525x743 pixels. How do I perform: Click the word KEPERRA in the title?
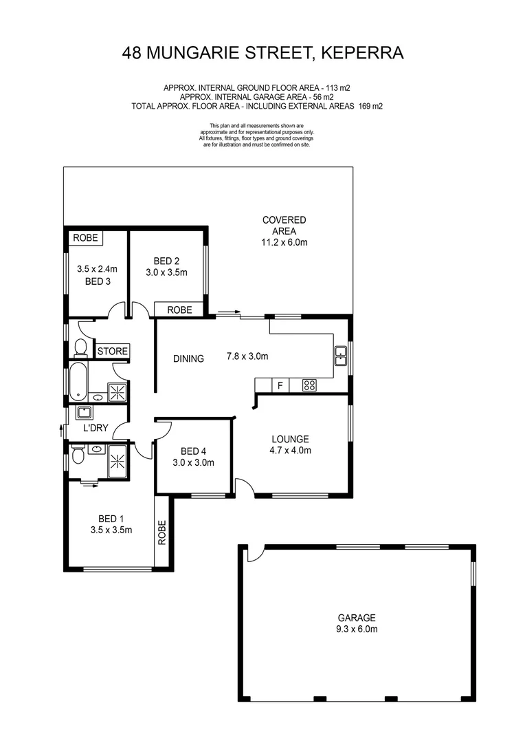pyautogui.click(x=362, y=52)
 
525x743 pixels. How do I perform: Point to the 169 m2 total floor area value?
pyautogui.click(x=370, y=107)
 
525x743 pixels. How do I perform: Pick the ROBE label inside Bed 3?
pyautogui.click(x=86, y=238)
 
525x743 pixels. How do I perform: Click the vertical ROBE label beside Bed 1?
pyautogui.click(x=163, y=532)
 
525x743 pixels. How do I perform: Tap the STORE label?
pyautogui.click(x=112, y=352)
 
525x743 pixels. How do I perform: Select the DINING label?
pyautogui.click(x=188, y=358)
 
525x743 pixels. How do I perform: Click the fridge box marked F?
pyautogui.click(x=280, y=385)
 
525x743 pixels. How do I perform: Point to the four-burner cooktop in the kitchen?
pyautogui.click(x=309, y=385)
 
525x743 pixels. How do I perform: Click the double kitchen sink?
pyautogui.click(x=340, y=356)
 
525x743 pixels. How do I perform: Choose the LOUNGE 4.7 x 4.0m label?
pyautogui.click(x=290, y=445)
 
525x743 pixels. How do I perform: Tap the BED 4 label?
pyautogui.click(x=193, y=457)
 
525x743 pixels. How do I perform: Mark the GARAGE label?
pyautogui.click(x=356, y=623)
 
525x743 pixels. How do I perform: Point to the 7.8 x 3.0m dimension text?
pyautogui.click(x=247, y=356)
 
